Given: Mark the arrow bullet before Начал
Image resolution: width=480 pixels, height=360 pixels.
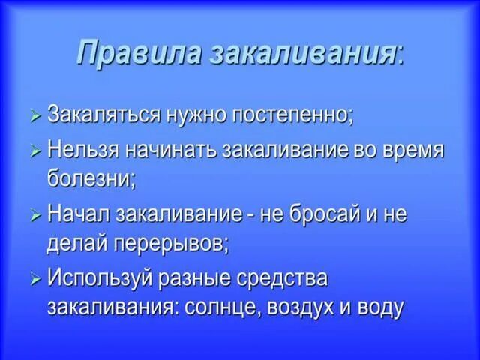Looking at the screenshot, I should click(x=35, y=215).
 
